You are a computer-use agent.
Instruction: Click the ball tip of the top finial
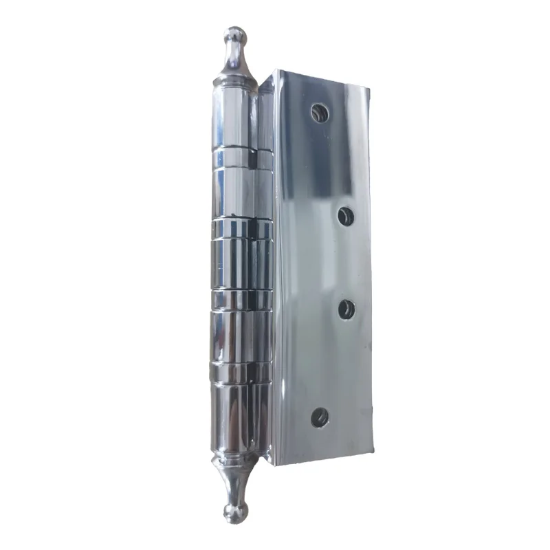click(x=234, y=36)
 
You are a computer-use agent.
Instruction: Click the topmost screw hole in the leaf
click(x=318, y=113)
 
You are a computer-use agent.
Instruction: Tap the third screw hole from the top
click(x=346, y=309)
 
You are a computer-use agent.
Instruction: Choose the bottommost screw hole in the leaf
click(x=320, y=417)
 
